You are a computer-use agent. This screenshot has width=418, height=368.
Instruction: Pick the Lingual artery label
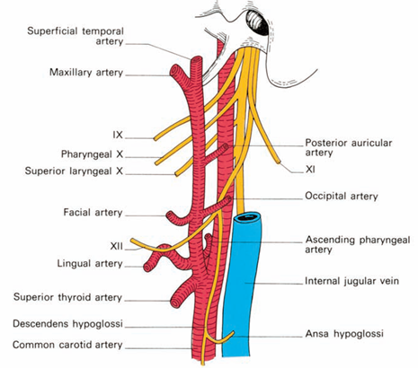pyautogui.click(x=81, y=262)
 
